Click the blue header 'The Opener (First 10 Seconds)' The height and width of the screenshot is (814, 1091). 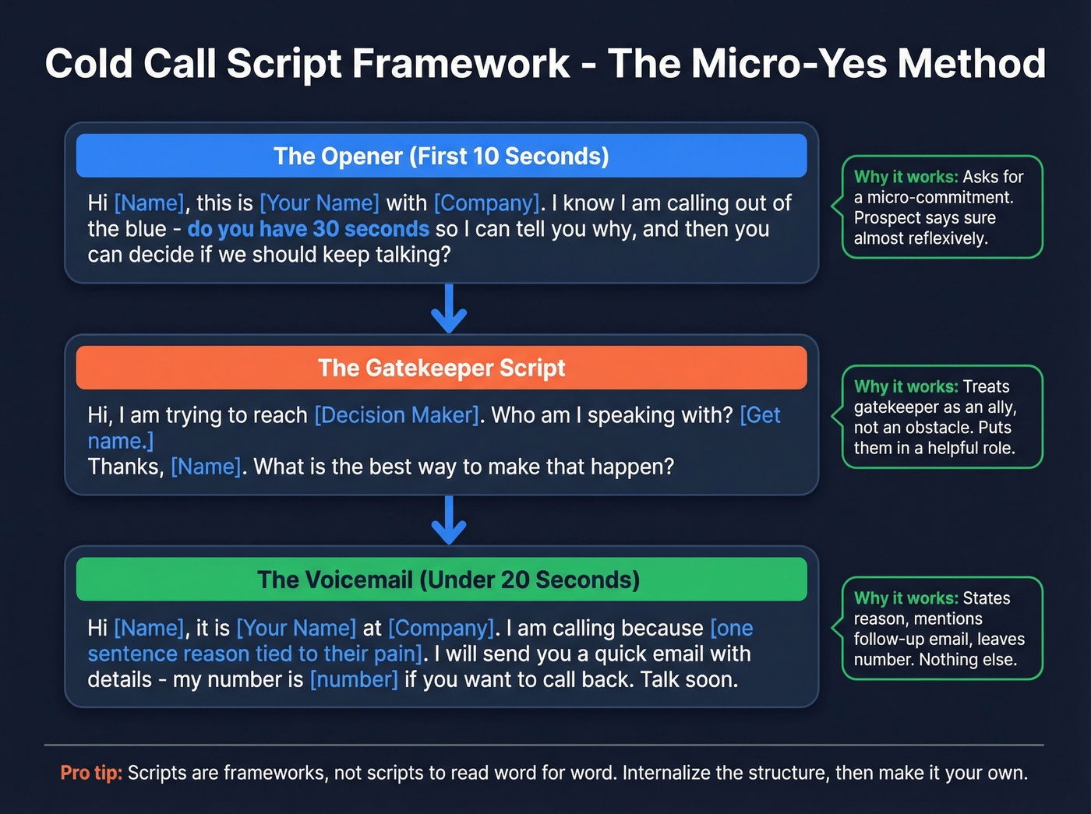pos(441,156)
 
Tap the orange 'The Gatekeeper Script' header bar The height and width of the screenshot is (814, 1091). pos(441,368)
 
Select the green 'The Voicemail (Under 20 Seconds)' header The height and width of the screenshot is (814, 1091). pos(448,580)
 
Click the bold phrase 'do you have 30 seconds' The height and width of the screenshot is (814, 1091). pos(308,229)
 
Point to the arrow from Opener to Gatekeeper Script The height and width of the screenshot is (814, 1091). pos(449,309)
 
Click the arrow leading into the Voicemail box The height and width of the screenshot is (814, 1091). pos(449,520)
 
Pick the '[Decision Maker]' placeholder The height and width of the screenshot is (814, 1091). pos(397,415)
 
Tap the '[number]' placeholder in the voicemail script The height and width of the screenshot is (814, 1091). pos(354,680)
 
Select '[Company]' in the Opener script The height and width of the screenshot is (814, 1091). pos(486,203)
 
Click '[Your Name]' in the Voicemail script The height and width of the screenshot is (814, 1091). pos(296,628)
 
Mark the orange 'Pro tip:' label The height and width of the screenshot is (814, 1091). pos(91,773)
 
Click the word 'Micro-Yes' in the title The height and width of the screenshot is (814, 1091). pos(788,64)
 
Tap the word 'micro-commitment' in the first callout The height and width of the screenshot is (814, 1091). pos(940,198)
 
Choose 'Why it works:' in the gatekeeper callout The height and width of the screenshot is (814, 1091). pos(906,387)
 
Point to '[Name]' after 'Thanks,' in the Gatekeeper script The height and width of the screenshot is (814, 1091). pos(206,467)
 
